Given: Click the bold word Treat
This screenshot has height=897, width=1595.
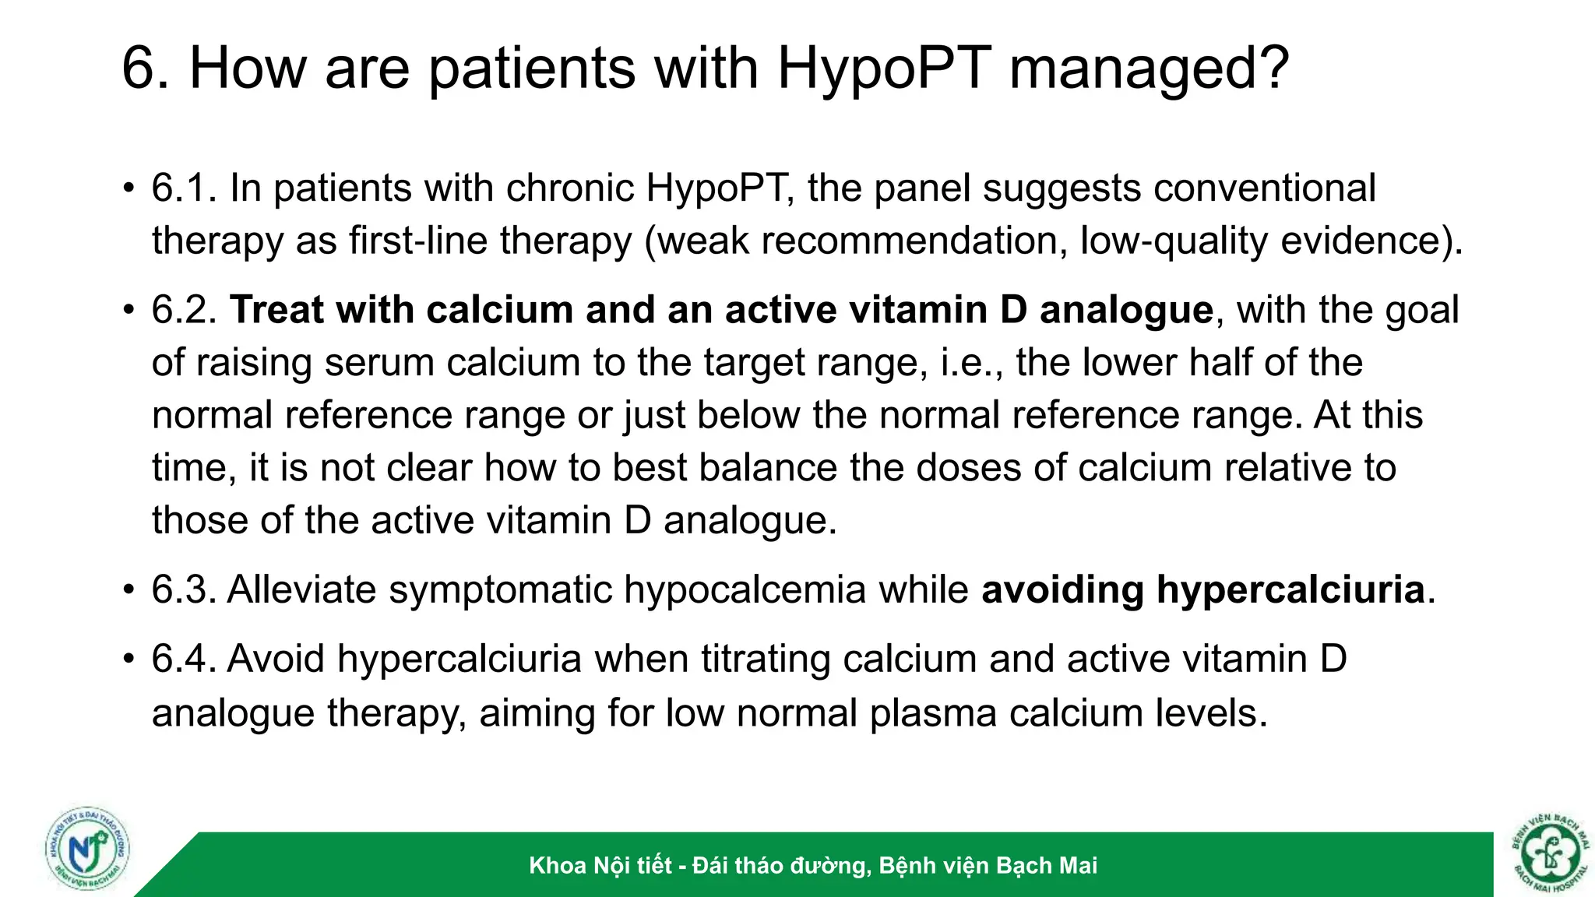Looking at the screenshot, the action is pyautogui.click(x=276, y=310).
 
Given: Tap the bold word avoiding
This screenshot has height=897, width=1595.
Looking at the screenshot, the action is pyautogui.click(x=1062, y=589).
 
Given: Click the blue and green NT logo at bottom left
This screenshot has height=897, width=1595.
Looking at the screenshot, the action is pyautogui.click(x=87, y=850).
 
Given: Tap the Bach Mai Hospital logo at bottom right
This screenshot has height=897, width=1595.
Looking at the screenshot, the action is pyautogui.click(x=1549, y=853).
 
